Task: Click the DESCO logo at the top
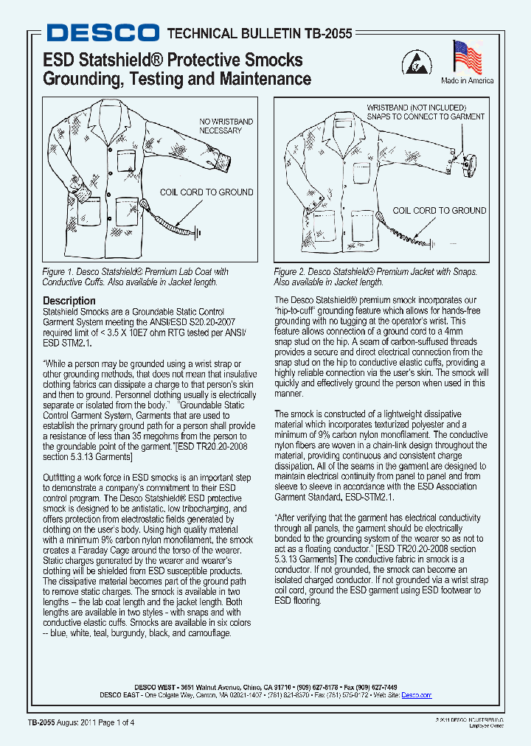[102, 32]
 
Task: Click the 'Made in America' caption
[467, 81]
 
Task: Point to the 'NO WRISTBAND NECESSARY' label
[226, 126]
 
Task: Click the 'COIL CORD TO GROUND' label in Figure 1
[206, 192]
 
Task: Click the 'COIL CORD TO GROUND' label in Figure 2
[439, 211]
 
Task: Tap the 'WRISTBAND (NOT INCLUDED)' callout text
[417, 108]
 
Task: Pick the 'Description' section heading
[69, 301]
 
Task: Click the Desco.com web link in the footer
[416, 695]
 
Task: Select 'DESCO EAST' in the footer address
[122, 695]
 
